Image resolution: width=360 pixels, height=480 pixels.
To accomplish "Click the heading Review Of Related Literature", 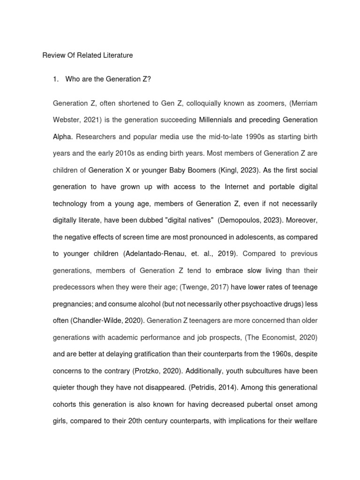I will tap(88, 55).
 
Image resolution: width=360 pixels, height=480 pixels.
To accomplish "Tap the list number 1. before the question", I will tap(57, 79).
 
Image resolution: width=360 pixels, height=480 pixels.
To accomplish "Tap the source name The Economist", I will tap(268, 337).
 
